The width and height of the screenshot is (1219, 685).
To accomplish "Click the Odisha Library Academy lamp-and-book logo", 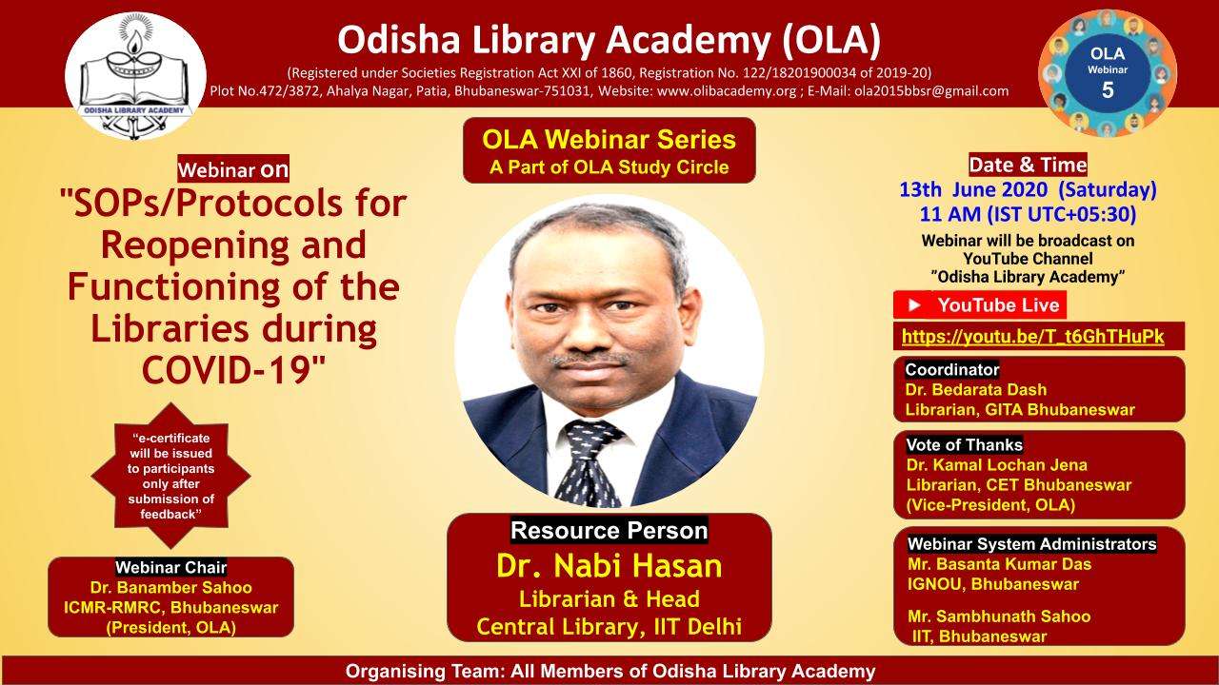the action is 135,75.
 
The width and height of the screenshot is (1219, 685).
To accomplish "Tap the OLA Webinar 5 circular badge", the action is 1108,73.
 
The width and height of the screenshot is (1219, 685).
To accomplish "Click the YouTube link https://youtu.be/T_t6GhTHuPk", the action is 1033,337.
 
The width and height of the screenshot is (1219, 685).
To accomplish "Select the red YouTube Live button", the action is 980,305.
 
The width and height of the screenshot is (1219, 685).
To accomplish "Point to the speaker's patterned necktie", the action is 590,462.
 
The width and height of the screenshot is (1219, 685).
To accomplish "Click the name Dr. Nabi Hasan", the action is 609,565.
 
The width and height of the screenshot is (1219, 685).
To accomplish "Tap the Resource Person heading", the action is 609,530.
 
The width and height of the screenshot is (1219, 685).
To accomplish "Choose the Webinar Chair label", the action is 170,568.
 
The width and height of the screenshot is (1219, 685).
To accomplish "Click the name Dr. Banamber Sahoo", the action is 170,588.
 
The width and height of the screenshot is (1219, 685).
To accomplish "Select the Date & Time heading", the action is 1028,165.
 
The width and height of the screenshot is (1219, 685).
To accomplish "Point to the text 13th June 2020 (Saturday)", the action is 1028,189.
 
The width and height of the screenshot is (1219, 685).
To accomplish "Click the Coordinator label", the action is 951,370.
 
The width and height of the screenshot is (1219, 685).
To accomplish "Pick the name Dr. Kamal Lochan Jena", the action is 996,465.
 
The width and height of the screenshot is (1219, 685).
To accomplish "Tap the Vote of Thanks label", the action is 964,444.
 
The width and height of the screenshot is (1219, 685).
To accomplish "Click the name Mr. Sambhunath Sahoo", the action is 999,616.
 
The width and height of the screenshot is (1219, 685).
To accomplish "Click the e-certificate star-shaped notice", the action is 170,476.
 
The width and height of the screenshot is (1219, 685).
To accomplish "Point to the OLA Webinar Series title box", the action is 609,150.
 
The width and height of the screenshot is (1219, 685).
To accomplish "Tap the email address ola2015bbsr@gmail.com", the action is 931,90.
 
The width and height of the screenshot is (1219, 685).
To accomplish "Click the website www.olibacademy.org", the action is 727,90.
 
